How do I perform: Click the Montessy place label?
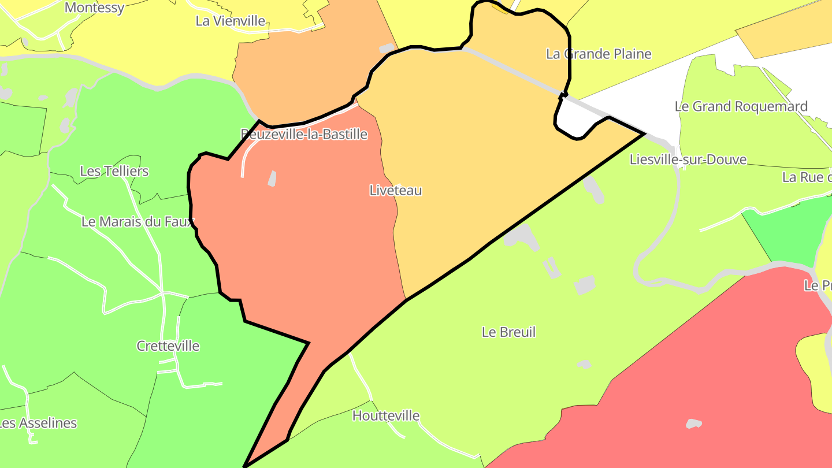(x=94, y=8)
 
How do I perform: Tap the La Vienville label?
(x=231, y=21)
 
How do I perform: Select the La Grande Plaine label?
(x=599, y=54)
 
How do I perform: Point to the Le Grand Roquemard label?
(x=741, y=106)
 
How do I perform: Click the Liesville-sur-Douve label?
(x=688, y=159)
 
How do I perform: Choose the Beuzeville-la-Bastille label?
(x=304, y=135)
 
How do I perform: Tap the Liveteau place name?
(x=396, y=190)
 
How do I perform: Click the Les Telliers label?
(x=114, y=171)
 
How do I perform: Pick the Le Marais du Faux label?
(x=138, y=221)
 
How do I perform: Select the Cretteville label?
(x=168, y=346)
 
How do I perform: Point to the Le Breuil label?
(x=508, y=332)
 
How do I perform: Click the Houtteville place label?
(x=386, y=415)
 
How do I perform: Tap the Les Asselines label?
(x=38, y=423)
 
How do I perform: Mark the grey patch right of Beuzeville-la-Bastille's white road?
(x=272, y=179)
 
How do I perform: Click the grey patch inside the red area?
(x=693, y=424)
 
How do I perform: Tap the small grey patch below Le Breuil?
(x=584, y=365)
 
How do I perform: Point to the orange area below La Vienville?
(x=300, y=75)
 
